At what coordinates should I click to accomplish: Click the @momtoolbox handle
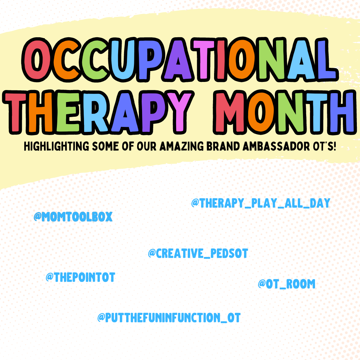click(73, 217)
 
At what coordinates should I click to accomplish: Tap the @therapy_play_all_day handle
click(261, 203)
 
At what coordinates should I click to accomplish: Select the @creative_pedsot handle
click(198, 253)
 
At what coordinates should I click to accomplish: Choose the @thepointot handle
click(81, 277)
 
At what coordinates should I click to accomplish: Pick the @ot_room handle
click(287, 284)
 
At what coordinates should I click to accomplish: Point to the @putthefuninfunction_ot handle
click(169, 318)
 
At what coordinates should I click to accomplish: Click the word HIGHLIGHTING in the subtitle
click(57, 147)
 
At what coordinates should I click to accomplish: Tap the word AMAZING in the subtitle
click(182, 147)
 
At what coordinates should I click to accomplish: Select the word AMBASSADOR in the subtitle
click(276, 147)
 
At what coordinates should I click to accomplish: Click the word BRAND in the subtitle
click(223, 147)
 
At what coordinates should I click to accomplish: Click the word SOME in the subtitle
click(105, 147)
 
